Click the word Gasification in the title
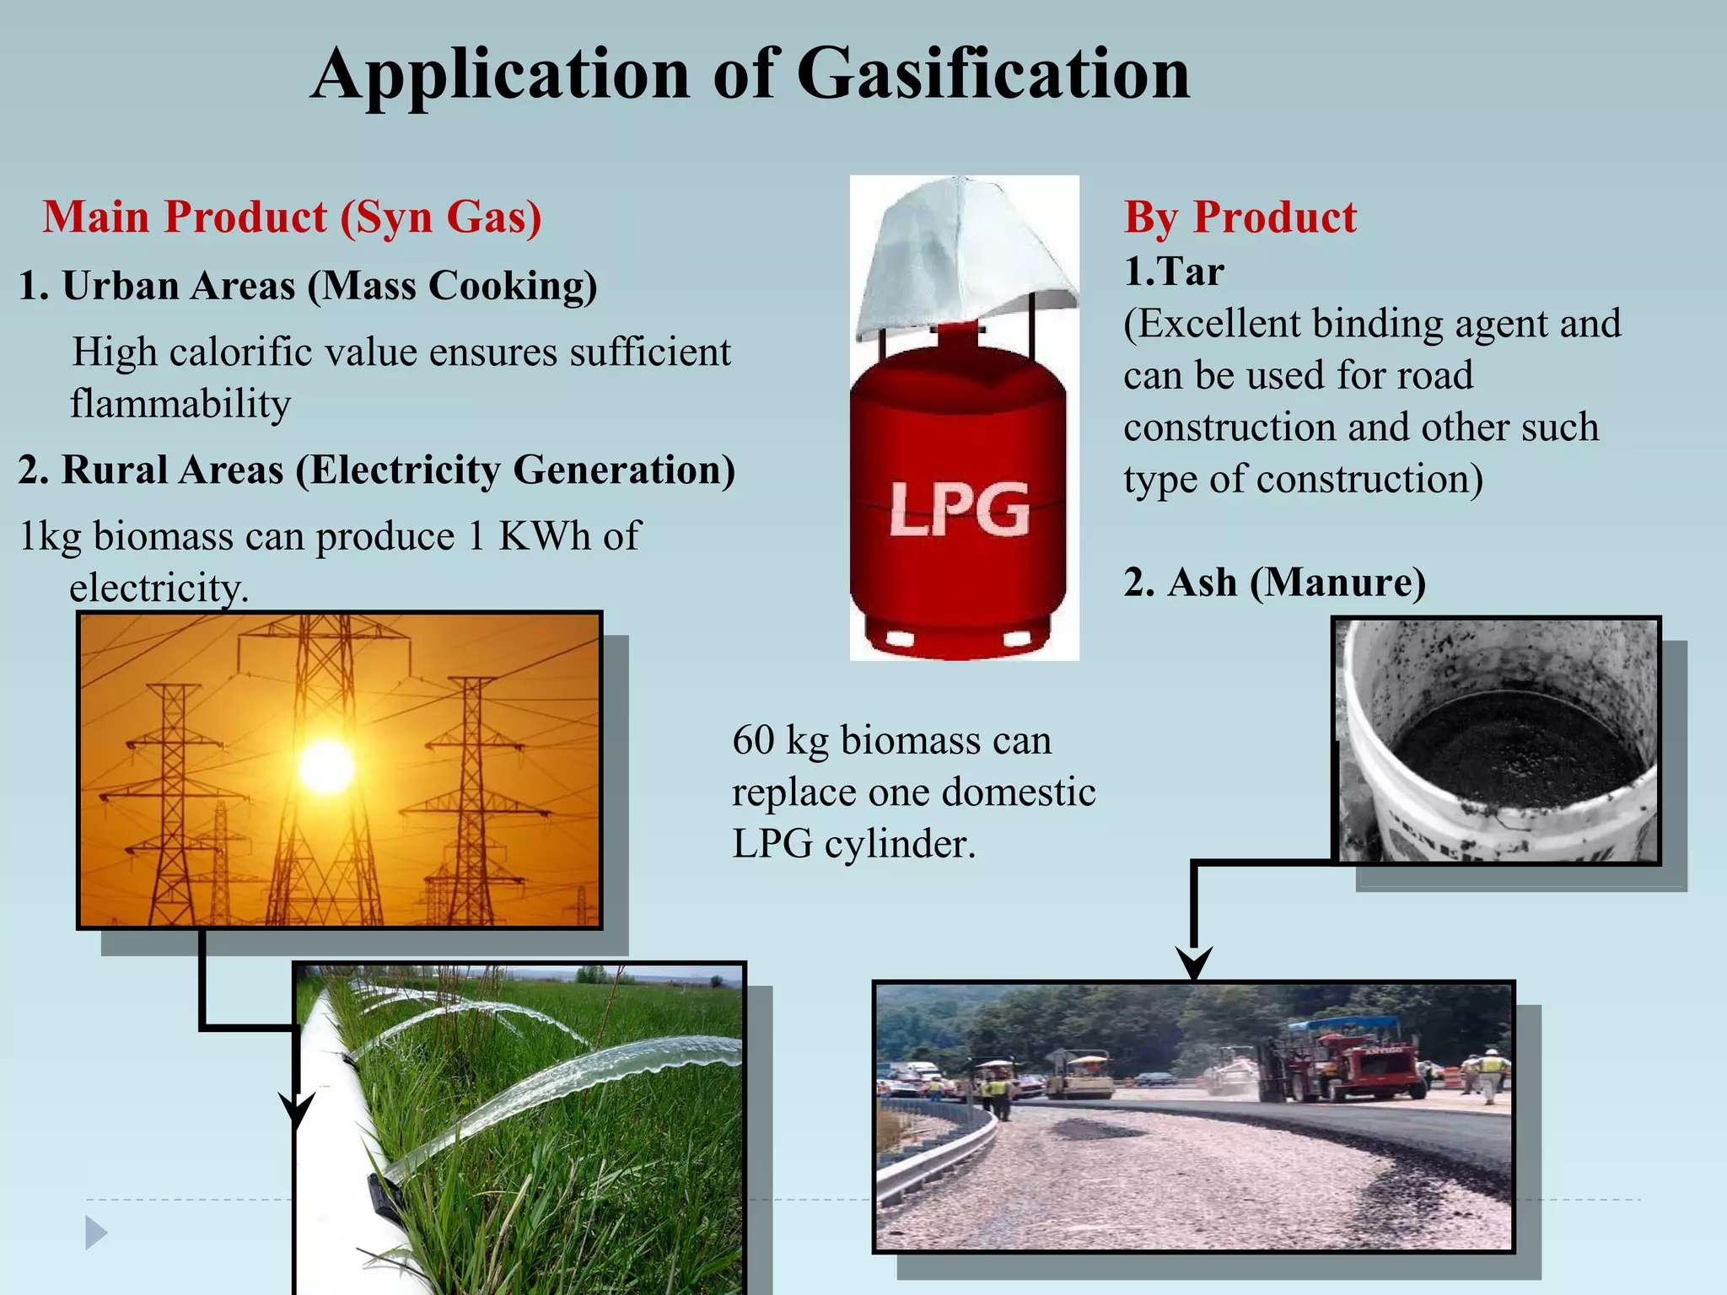point(993,74)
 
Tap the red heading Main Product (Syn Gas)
point(292,217)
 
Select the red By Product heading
point(1240,217)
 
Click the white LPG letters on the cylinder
point(960,509)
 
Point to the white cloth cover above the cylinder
point(965,253)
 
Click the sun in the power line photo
point(326,766)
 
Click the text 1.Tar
point(1173,271)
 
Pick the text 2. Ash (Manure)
point(1273,582)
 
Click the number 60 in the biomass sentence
point(753,740)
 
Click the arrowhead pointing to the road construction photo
point(1193,963)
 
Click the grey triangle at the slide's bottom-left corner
point(96,1233)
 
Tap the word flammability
point(180,403)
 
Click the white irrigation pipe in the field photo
point(337,1138)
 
